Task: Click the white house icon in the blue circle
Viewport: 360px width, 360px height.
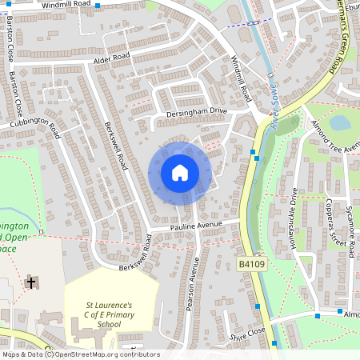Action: pyautogui.click(x=180, y=172)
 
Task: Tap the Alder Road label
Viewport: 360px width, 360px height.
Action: pyautogui.click(x=112, y=59)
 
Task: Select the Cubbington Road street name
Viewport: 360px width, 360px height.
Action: pyautogui.click(x=35, y=125)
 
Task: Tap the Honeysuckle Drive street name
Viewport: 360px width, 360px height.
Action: pyautogui.click(x=294, y=216)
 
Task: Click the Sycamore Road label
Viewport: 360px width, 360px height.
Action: pyautogui.click(x=351, y=231)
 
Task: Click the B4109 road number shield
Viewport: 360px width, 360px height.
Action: pyautogui.click(x=251, y=262)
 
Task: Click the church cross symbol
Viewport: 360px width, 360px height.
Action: pyautogui.click(x=31, y=282)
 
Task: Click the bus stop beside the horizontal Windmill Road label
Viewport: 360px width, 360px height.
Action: pyautogui.click(x=98, y=6)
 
